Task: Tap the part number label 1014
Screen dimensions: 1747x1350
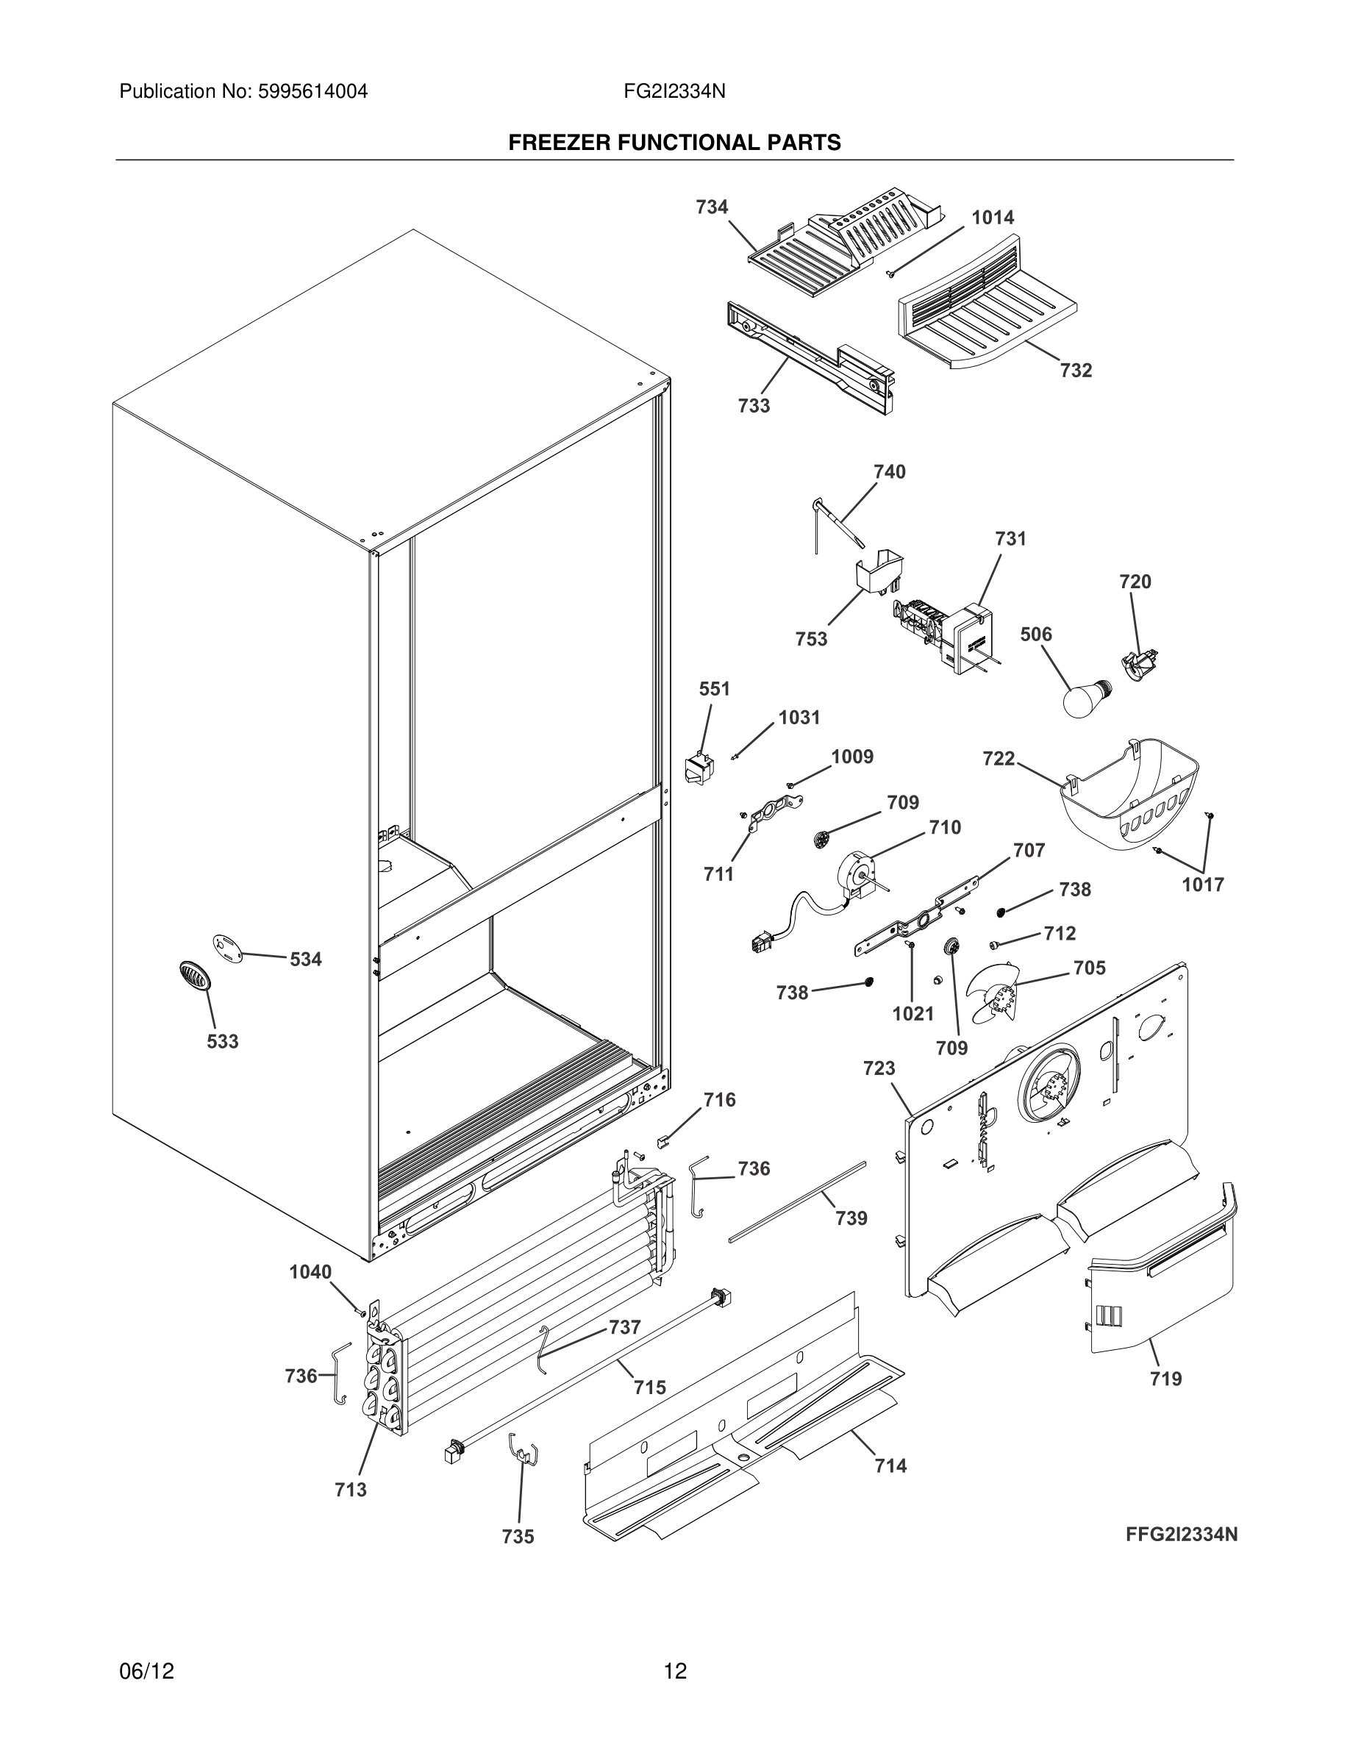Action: (x=993, y=218)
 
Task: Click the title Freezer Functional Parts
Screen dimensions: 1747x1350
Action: (x=674, y=143)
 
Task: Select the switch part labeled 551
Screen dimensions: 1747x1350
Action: (x=699, y=768)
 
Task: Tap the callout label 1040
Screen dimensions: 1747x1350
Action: (x=310, y=1271)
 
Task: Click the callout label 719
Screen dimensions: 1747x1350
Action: (x=1165, y=1378)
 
